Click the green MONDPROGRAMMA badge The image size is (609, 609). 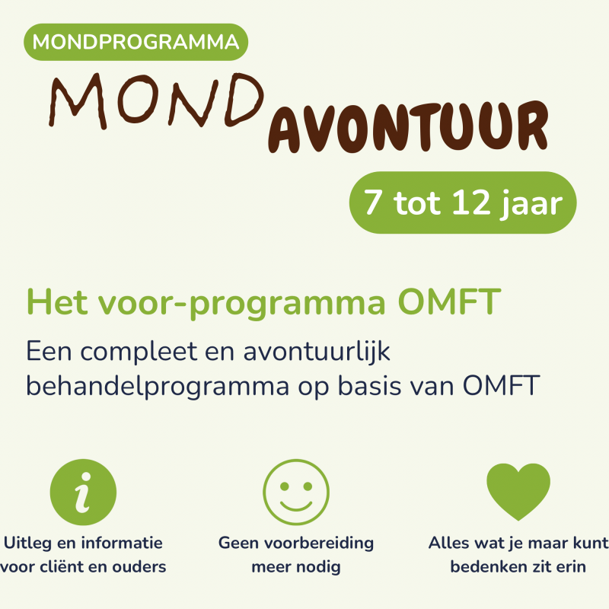click(136, 42)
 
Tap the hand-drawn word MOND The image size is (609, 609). click(157, 100)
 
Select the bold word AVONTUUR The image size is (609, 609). click(409, 127)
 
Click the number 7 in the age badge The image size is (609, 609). click(372, 202)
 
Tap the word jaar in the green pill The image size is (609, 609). click(531, 204)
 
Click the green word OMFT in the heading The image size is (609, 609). click(449, 301)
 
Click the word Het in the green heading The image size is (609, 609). click(56, 301)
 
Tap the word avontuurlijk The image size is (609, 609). click(317, 352)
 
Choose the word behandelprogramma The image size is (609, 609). click(158, 387)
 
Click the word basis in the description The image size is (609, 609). click(369, 386)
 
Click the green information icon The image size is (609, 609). click(83, 492)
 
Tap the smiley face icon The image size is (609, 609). click(296, 492)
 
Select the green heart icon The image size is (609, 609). click(518, 491)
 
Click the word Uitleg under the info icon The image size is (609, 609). click(27, 544)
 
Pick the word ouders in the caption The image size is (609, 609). click(139, 566)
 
